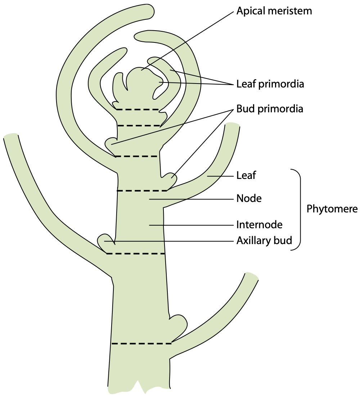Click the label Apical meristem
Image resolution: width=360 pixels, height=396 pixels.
(x=274, y=11)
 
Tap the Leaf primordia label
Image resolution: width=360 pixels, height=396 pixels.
(x=270, y=84)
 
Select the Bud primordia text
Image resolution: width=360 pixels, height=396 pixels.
(x=270, y=108)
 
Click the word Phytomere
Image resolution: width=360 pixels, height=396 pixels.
(x=332, y=209)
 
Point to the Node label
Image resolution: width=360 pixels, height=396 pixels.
(x=249, y=198)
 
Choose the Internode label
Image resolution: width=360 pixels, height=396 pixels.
(x=259, y=225)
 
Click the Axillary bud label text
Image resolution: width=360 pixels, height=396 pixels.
(x=264, y=240)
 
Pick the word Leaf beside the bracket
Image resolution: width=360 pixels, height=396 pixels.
(x=246, y=176)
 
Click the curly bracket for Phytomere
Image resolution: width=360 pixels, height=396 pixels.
(x=298, y=209)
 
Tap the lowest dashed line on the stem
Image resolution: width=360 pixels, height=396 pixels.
(x=141, y=343)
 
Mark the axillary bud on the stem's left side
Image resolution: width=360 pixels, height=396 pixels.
(x=105, y=240)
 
